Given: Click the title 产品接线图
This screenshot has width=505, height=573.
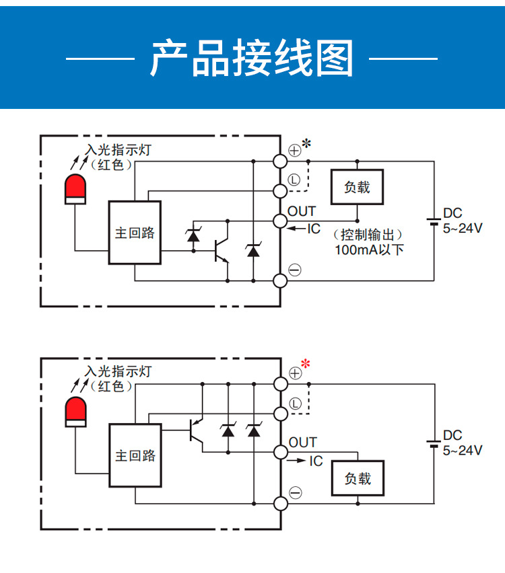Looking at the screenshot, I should tap(252, 59).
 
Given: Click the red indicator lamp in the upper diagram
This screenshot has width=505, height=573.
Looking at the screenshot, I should tap(75, 188).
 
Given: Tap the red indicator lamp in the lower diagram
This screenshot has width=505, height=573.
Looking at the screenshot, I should tap(75, 411).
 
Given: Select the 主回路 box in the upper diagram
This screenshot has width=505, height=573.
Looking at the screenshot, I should tap(135, 233).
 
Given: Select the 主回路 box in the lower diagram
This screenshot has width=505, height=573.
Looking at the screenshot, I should tap(135, 455).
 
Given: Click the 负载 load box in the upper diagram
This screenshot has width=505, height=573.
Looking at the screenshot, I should tap(357, 187).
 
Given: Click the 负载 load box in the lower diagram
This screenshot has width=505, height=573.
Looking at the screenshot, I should tap(358, 479).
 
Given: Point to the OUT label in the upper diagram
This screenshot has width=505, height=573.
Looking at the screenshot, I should tap(302, 212).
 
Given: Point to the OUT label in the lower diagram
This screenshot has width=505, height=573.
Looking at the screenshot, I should tap(302, 442).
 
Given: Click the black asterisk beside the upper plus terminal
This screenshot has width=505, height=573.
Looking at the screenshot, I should tap(306, 143).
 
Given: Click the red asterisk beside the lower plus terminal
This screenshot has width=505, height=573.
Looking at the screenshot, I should tap(306, 365).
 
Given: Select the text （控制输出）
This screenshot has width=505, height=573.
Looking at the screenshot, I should tap(367, 235).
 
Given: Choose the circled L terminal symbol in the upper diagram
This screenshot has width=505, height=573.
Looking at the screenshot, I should tap(294, 180).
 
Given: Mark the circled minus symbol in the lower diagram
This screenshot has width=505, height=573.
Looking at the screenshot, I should tap(295, 493).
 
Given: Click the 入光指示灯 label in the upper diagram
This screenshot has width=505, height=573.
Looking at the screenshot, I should tap(118, 150).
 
